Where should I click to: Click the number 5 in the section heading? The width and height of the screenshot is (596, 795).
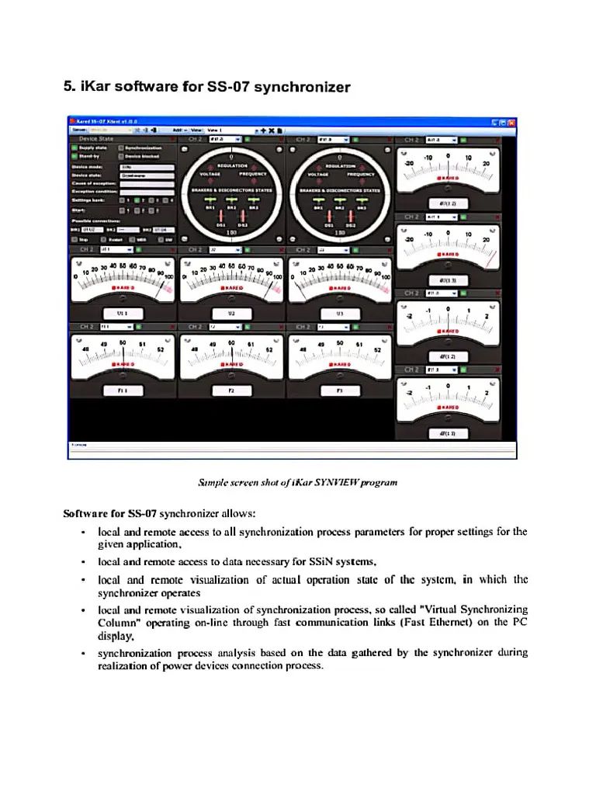tap(67, 87)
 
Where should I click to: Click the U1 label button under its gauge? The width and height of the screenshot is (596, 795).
tap(122, 313)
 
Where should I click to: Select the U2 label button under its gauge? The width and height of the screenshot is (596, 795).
tap(230, 313)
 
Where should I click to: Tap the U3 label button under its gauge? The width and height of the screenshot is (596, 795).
tap(339, 313)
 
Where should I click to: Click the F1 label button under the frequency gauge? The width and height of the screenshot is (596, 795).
tap(122, 391)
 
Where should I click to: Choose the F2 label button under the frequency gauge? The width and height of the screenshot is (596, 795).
tap(230, 391)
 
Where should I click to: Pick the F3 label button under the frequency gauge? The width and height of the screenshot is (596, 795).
tap(339, 391)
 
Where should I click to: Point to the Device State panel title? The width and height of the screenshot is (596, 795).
tap(96, 139)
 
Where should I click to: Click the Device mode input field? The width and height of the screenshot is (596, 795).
tap(146, 166)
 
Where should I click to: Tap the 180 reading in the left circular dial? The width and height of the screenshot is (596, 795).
tap(230, 231)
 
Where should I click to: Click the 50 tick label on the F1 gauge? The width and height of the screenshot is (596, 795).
tap(123, 342)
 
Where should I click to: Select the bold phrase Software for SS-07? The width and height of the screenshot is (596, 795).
tap(109, 513)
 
